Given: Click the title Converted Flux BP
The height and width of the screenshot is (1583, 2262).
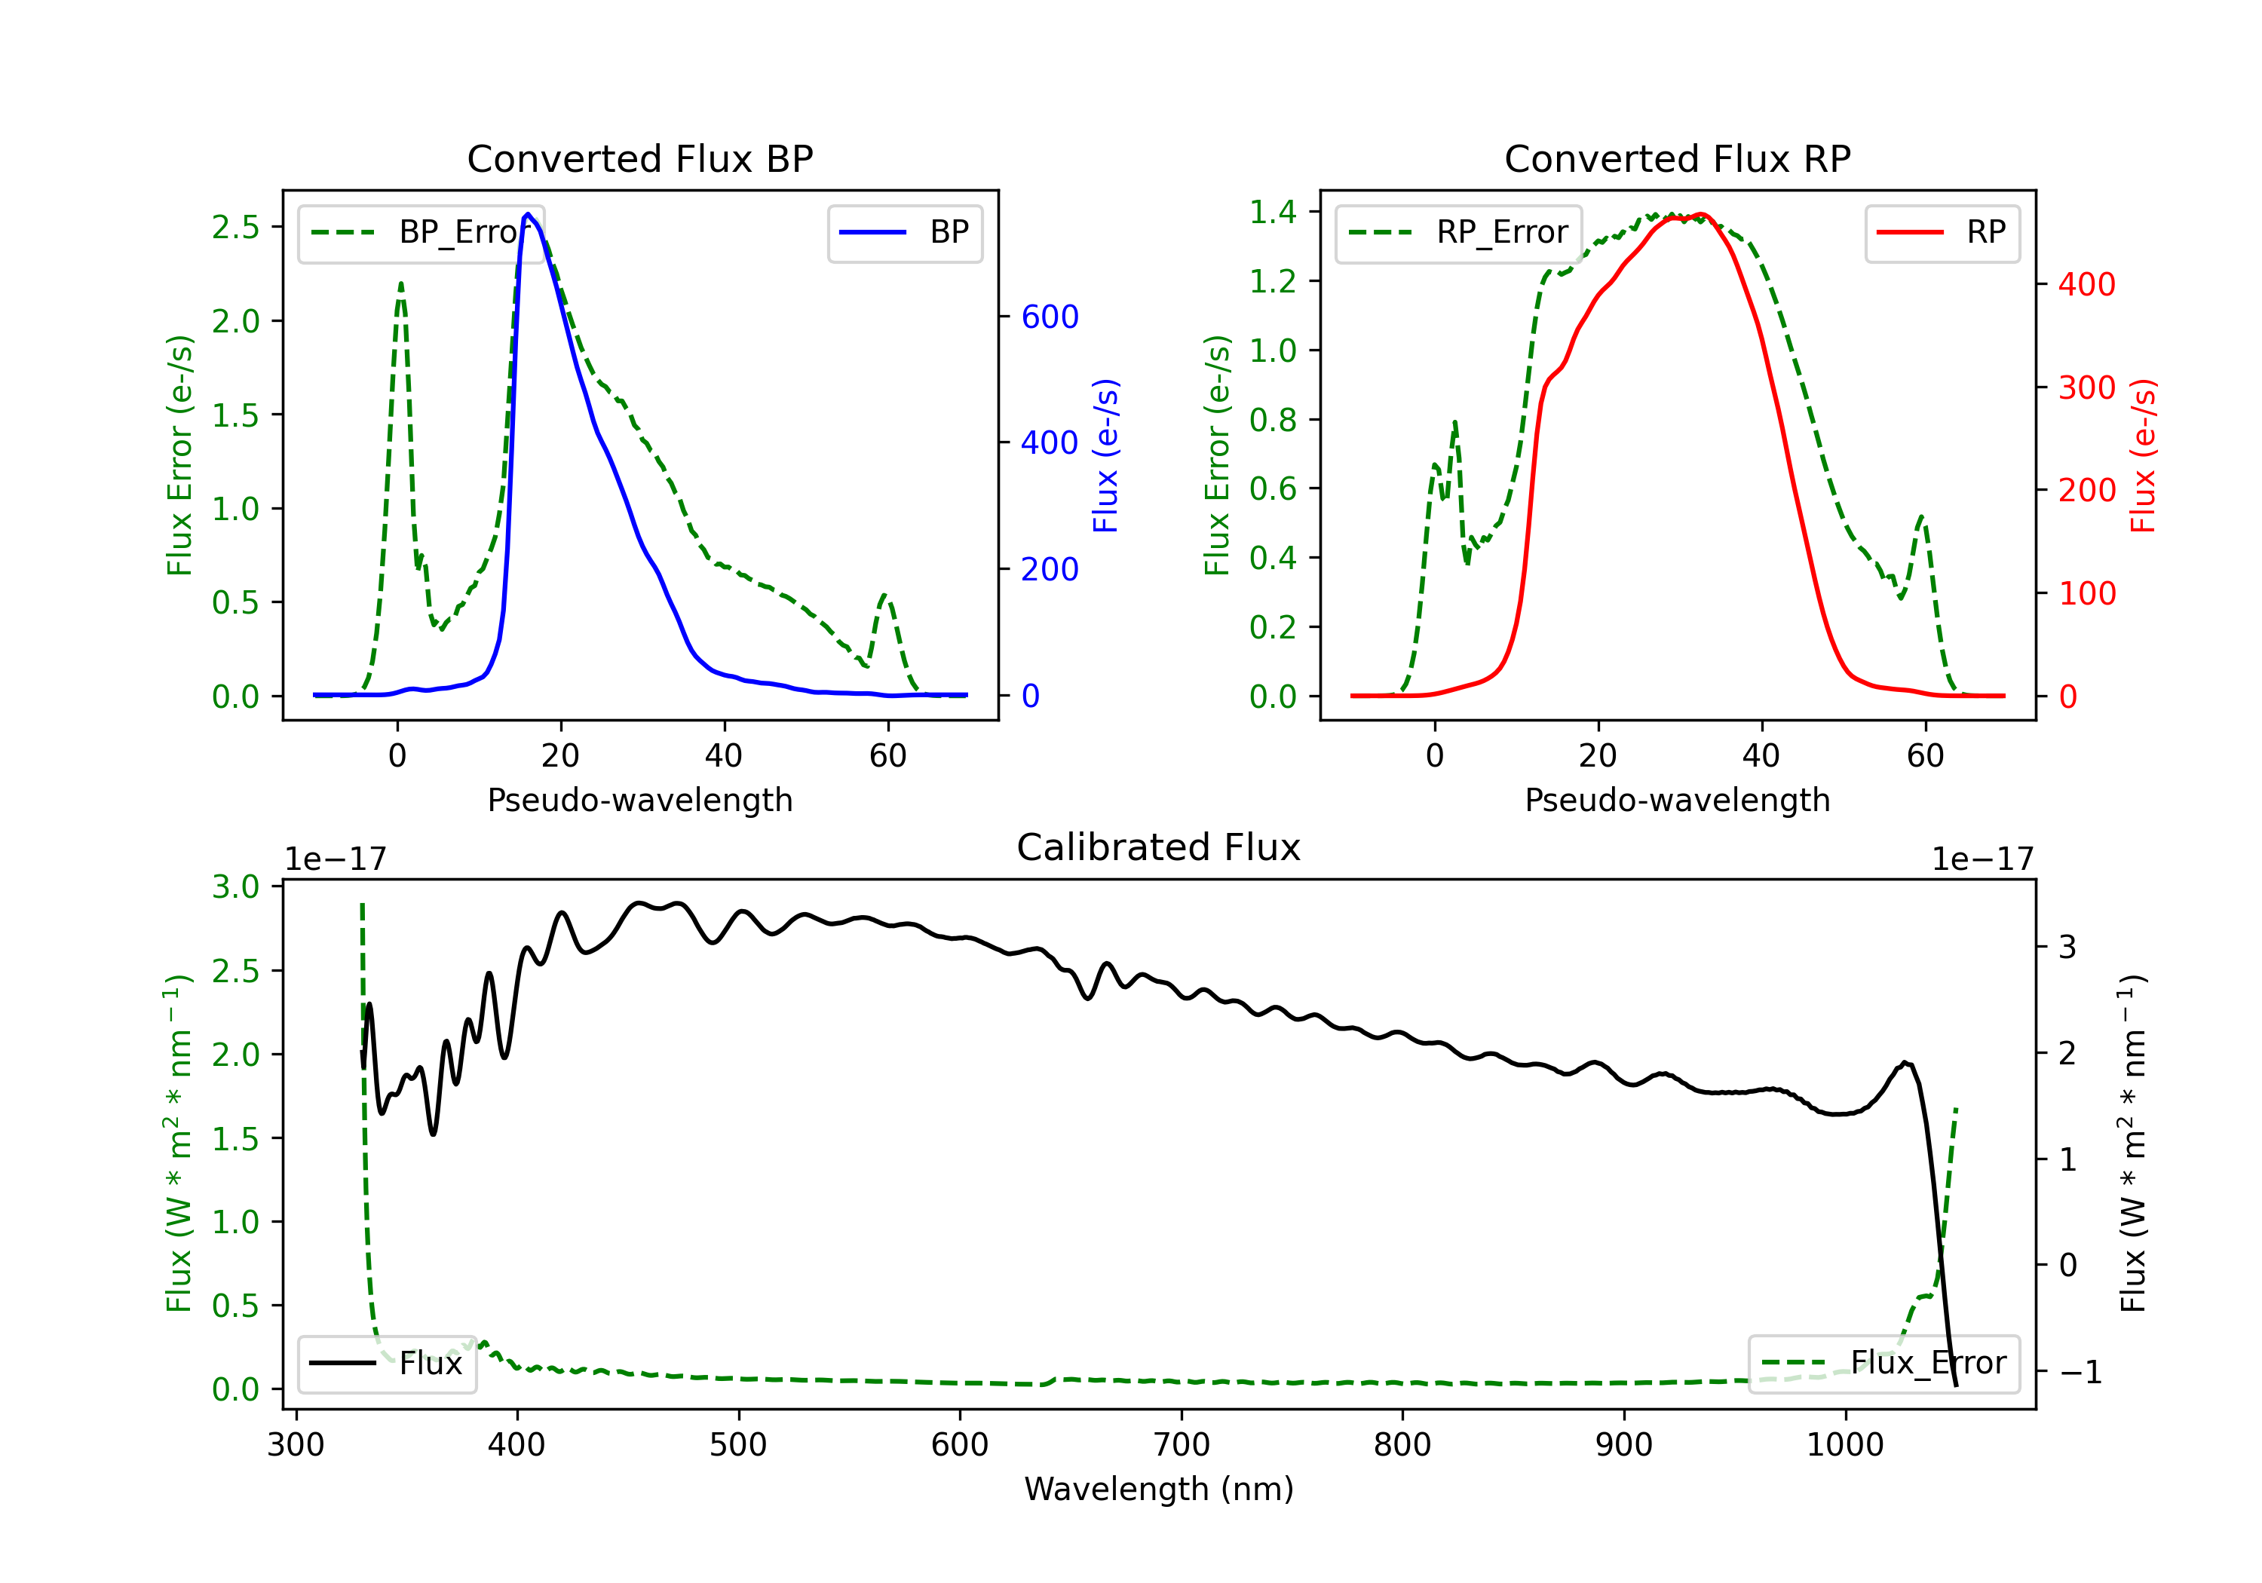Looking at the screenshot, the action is point(639,158).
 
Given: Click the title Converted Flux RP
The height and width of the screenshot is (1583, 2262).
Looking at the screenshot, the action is point(1677,158).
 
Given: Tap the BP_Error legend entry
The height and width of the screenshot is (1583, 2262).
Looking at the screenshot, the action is point(421,232).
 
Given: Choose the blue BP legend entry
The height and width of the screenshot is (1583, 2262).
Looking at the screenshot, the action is point(904,232).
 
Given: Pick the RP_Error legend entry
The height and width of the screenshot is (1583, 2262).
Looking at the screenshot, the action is point(1458,232).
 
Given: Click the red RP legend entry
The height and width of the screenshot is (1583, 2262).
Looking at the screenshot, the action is point(1942,232).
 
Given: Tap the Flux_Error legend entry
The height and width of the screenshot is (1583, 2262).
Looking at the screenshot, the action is point(1883,1364).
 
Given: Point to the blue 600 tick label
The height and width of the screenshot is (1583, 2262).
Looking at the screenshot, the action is point(1050,317).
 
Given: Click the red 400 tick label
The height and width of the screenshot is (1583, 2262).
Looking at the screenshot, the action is point(2086,285).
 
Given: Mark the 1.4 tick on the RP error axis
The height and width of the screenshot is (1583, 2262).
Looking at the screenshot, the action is point(1273,212).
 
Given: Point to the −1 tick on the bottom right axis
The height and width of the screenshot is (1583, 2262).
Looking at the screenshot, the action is point(2081,1371).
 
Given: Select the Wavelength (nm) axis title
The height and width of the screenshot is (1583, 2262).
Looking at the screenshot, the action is point(1159,1489).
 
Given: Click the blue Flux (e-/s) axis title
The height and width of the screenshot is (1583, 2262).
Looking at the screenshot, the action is point(1105,455).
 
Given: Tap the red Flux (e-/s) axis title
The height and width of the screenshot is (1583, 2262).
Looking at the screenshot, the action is point(2143,455).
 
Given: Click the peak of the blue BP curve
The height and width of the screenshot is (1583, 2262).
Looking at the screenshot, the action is point(528,214).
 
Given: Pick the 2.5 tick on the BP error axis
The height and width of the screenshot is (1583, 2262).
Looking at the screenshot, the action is point(235,228).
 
